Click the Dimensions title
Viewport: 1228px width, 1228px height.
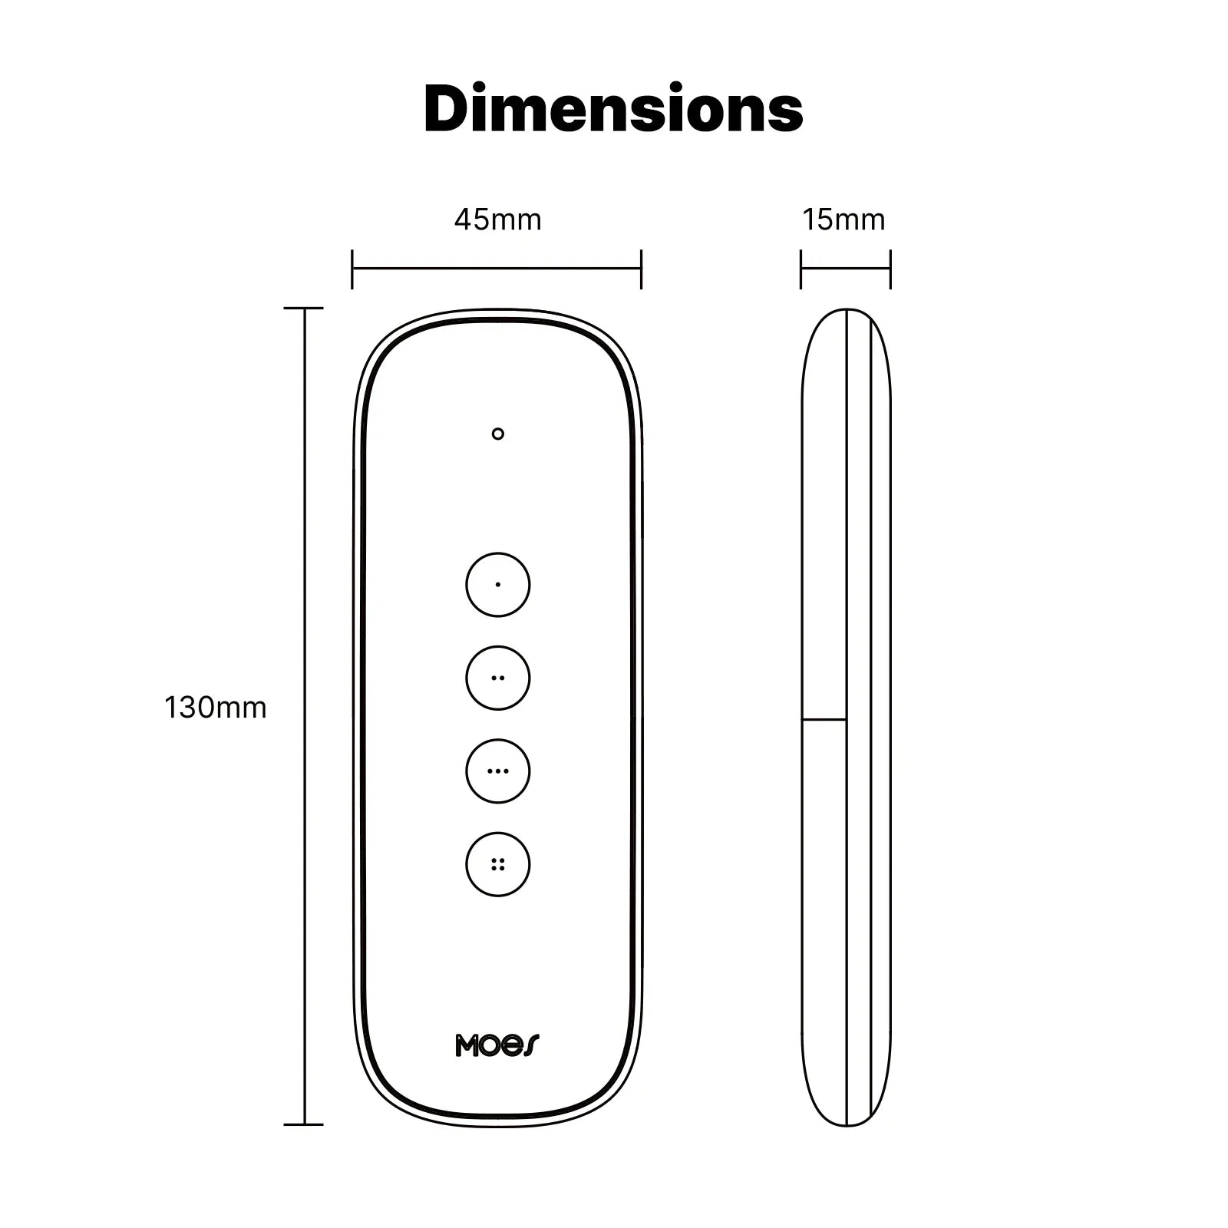tap(613, 110)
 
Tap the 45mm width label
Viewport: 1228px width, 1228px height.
tap(497, 220)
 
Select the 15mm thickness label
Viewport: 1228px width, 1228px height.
tap(843, 220)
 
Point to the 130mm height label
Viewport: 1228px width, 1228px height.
tap(216, 707)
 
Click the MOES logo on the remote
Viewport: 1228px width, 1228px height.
tap(497, 1045)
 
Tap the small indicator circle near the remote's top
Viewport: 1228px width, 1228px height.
tap(497, 434)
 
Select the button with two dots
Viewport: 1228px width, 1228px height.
tap(497, 678)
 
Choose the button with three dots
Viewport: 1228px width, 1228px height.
tap(497, 771)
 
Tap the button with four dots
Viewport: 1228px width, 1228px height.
tap(497, 864)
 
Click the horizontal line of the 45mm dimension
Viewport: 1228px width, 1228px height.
tap(497, 269)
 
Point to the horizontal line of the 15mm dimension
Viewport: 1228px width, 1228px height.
tap(845, 269)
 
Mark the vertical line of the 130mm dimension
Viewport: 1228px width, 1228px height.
tap(305, 714)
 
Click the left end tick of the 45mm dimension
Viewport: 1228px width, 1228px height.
tap(352, 269)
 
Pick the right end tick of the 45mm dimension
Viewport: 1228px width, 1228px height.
tap(641, 269)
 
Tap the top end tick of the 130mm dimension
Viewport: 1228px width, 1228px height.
tap(304, 309)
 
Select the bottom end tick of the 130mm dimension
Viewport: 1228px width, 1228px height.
tap(304, 1125)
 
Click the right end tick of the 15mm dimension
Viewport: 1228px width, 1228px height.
tap(890, 269)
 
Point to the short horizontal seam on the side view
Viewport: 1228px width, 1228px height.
tap(824, 720)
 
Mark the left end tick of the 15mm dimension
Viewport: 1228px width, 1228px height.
tap(801, 269)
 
